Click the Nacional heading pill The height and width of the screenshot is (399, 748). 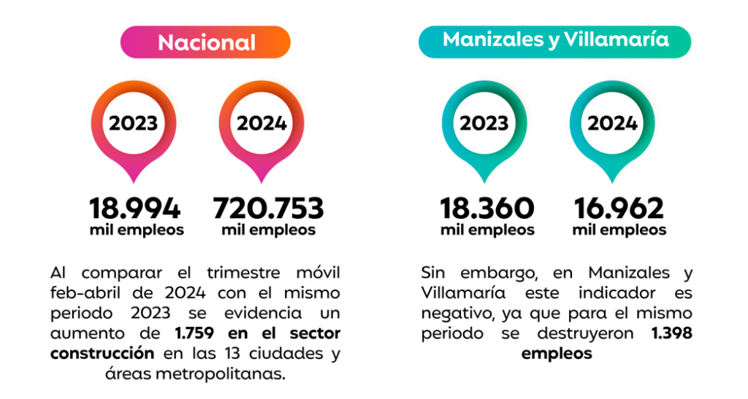(206, 42)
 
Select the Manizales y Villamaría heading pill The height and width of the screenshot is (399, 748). (555, 39)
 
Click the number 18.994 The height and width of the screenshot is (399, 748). (134, 209)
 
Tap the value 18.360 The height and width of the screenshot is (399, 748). (486, 209)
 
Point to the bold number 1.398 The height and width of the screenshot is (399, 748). (671, 334)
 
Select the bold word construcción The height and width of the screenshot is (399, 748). (102, 354)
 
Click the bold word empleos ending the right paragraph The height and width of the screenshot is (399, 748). (556, 354)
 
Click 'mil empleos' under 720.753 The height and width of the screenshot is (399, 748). (268, 231)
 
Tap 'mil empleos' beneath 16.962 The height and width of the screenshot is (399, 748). (619, 231)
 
